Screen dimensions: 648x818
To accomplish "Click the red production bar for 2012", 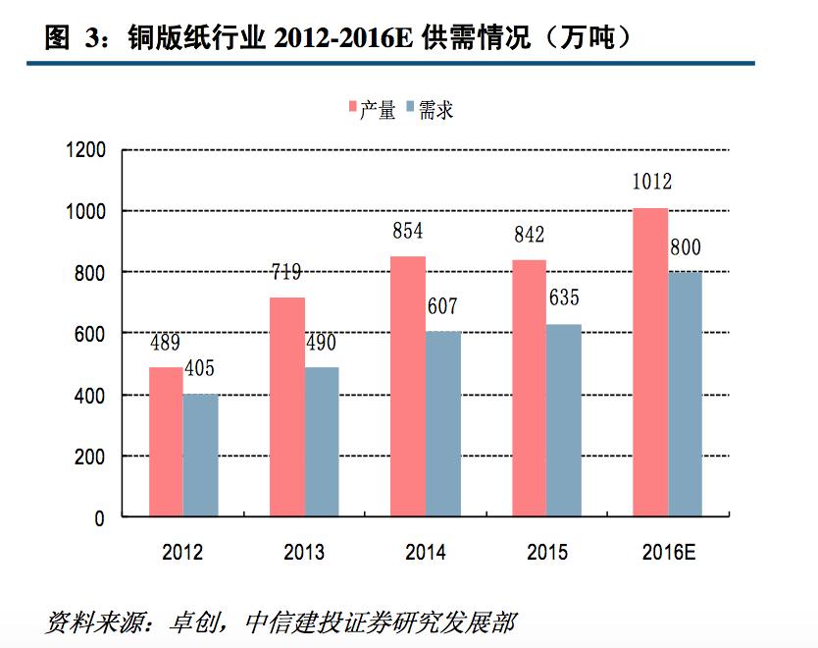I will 166,442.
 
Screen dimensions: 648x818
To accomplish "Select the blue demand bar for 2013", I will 322,442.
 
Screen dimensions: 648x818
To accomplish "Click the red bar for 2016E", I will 650,362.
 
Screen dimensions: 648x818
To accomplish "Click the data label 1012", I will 651,182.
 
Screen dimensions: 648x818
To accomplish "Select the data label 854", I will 407,232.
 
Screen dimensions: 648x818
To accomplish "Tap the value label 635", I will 565,297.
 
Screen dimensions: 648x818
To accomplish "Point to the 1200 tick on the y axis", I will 86,151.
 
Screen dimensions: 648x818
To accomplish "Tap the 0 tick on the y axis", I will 100,518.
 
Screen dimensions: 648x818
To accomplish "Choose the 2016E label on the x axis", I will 668,553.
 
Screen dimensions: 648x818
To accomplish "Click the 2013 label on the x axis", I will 304,553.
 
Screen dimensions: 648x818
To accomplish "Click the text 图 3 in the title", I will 72,38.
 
